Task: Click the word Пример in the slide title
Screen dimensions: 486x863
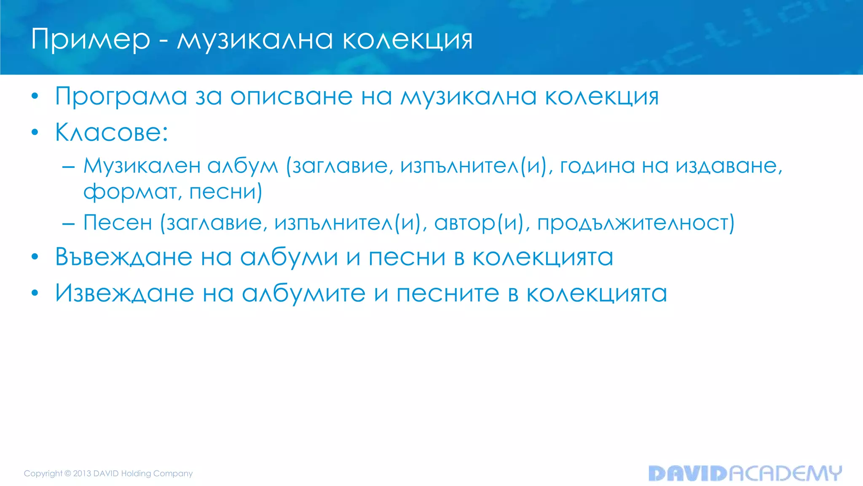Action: click(90, 40)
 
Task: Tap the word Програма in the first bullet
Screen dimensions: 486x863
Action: click(121, 97)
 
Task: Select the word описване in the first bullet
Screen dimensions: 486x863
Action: click(291, 97)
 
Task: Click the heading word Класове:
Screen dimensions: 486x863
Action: click(112, 132)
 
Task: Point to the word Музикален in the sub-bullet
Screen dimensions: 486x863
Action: click(142, 166)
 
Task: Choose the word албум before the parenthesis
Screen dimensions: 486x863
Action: click(243, 166)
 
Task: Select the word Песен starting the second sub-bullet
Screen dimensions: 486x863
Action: click(118, 222)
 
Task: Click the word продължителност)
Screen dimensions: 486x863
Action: click(636, 223)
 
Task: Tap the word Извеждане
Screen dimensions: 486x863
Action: click(124, 293)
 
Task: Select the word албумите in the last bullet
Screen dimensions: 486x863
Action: click(303, 293)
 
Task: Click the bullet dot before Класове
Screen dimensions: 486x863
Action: click(35, 132)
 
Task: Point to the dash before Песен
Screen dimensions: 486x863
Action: click(68, 223)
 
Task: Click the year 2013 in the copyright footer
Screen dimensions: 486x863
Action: click(82, 473)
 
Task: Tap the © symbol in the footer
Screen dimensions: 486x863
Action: click(67, 473)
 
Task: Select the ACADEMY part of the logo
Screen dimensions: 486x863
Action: click(785, 473)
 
